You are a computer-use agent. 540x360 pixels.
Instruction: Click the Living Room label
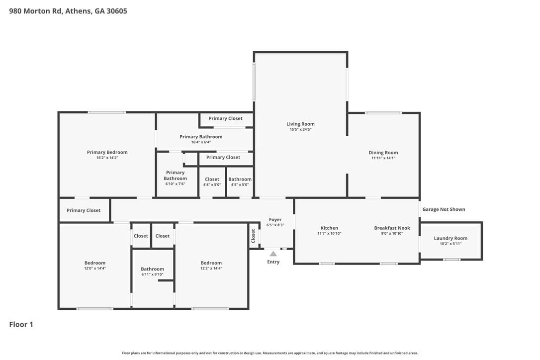[300, 124]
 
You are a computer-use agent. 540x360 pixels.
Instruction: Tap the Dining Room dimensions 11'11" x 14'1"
[383, 158]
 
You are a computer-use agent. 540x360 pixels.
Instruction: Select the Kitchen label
[329, 228]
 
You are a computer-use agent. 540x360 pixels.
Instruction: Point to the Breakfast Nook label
[392, 228]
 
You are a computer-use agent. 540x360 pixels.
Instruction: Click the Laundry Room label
[450, 238]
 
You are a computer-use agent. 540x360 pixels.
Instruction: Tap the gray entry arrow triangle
[273, 254]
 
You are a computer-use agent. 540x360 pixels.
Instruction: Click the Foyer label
[275, 219]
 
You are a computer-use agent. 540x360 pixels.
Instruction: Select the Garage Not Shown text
[444, 209]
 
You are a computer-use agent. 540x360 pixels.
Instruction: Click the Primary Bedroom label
[107, 152]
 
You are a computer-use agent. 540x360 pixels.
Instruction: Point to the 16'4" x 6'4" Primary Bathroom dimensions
[201, 142]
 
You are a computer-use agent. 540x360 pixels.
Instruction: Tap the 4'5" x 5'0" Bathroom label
[240, 179]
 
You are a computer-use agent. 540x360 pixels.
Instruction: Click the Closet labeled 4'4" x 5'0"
[212, 179]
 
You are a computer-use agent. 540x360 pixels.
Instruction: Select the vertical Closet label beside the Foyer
[253, 236]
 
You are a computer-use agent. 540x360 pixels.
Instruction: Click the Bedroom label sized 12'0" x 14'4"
[94, 263]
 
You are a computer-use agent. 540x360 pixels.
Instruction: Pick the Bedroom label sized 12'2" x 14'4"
[211, 263]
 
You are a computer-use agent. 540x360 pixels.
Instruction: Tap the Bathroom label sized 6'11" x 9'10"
[152, 269]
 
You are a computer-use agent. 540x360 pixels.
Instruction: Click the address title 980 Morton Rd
[35, 11]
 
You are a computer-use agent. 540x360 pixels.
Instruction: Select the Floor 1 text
[21, 325]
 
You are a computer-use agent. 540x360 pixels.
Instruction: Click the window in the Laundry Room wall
[451, 260]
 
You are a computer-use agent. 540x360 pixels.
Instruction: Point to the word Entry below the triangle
[273, 262]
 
